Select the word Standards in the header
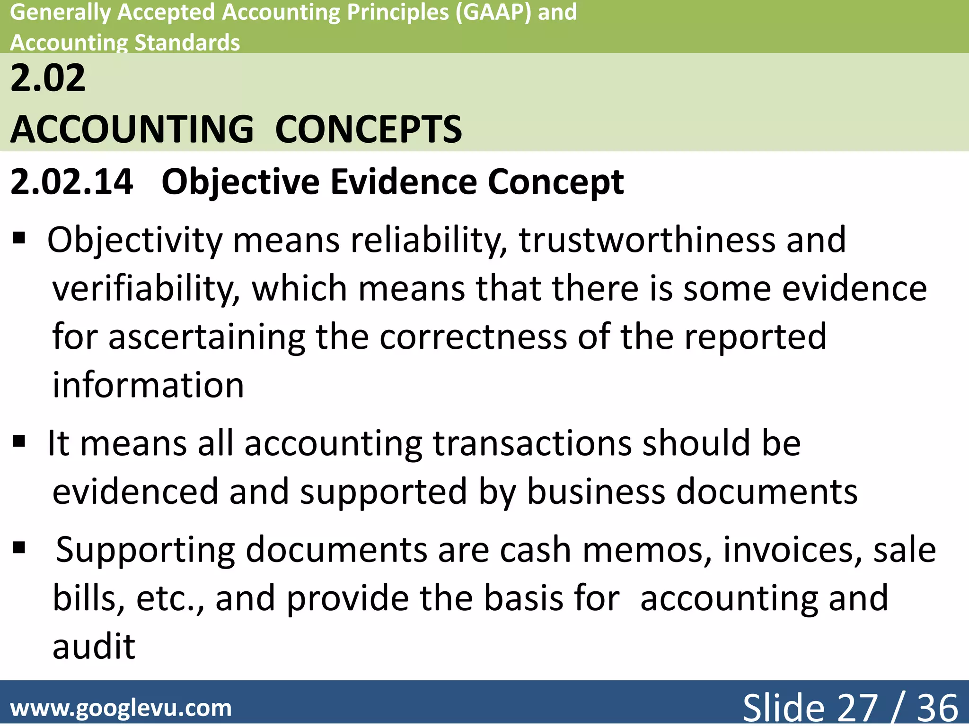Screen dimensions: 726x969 point(187,43)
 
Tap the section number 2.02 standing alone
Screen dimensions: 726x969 point(48,78)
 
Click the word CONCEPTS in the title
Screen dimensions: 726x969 point(369,130)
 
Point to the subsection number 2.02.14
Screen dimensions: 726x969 point(71,182)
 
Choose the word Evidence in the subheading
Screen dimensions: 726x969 point(404,182)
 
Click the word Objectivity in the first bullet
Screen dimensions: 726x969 point(135,241)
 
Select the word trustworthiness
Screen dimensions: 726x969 point(647,240)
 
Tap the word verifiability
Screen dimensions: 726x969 point(146,289)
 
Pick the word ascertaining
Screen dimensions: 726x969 point(207,337)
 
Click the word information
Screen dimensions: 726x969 point(148,385)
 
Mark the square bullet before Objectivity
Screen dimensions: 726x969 point(19,237)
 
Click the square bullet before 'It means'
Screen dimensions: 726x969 point(19,441)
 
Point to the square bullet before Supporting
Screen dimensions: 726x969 point(19,548)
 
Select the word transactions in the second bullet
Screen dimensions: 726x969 point(532,444)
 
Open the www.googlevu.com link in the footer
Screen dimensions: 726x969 point(121,708)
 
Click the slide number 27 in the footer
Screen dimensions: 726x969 point(858,708)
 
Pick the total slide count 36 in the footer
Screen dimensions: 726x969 point(937,708)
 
